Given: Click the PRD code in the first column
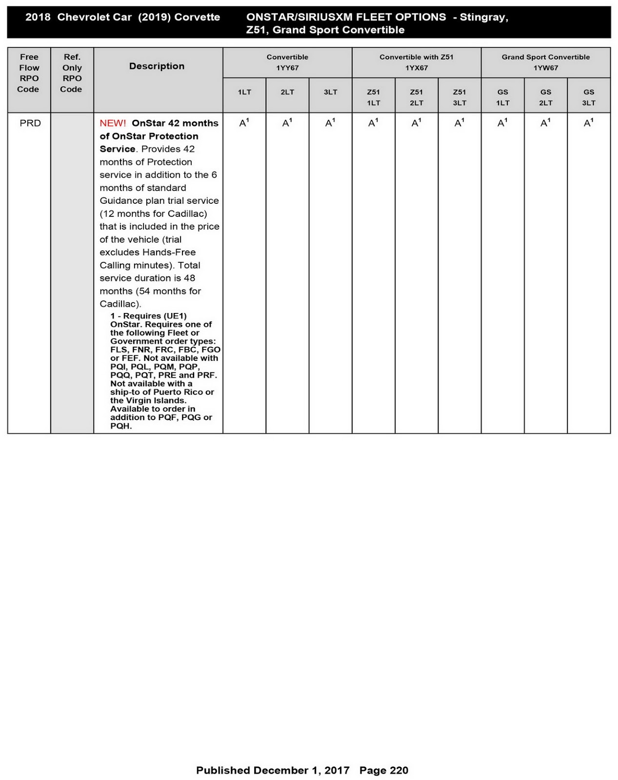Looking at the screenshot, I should coord(30,123).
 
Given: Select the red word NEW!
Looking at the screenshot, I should coord(113,123).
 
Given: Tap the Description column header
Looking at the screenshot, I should coord(157,66).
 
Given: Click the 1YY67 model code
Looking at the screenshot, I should coord(287,68).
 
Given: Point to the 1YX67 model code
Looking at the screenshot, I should coord(416,68).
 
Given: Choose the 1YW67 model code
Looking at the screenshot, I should coord(545,68).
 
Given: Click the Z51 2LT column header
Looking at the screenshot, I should coord(416,97).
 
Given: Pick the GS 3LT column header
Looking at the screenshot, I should coord(588,97).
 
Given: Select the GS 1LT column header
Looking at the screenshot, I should coord(502,97).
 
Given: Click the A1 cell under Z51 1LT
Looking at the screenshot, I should coord(373,123).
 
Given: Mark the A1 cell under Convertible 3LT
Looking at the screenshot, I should coord(330,123).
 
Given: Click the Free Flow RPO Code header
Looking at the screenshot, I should coord(29,73).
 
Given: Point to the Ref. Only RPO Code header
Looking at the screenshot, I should coord(72,73).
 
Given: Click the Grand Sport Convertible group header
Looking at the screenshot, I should coord(545,57).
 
